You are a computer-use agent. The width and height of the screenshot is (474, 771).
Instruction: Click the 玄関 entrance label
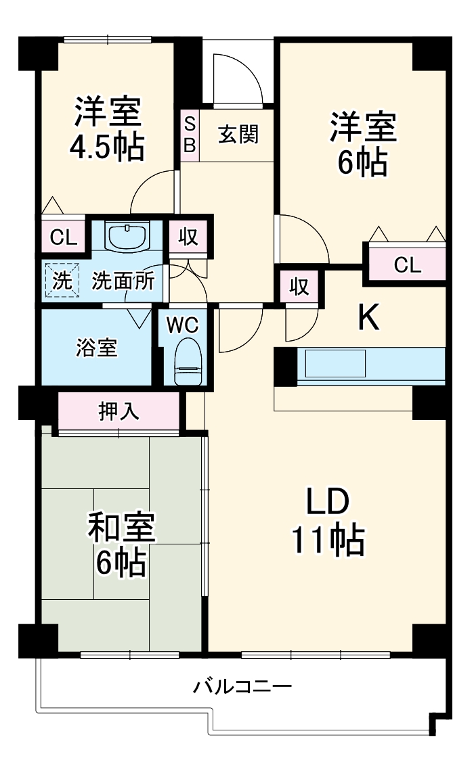[x=238, y=135]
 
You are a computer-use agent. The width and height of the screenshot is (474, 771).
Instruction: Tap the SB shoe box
[x=190, y=135]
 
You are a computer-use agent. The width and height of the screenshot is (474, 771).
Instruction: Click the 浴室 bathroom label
[x=95, y=348]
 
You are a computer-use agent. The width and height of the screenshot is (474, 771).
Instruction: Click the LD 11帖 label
[x=328, y=521]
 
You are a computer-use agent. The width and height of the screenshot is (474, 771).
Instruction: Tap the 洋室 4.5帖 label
[x=108, y=128]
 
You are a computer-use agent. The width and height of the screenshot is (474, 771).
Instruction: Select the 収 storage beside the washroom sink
[x=188, y=237]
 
